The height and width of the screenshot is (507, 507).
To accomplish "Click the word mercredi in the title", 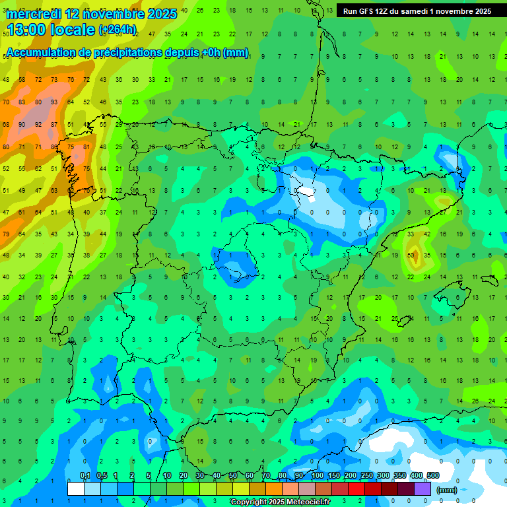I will pos(34,14).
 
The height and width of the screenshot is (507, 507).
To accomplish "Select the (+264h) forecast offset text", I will pos(117,29).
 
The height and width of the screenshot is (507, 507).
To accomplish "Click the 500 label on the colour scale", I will pos(433,475).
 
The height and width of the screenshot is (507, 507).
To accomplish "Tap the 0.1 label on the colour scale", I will pos(85,475).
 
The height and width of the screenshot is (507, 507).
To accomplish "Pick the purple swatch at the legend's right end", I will pos(423,489).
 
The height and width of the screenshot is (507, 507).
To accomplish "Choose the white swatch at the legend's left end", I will pos(76,489).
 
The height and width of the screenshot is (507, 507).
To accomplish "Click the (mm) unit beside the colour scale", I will pos(447,490).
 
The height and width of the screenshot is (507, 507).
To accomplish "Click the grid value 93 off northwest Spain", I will pos(54,102).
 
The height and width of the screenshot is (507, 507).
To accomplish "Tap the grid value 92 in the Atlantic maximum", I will pos(38,124).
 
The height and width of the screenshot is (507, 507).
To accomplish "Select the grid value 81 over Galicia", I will pos(86,147).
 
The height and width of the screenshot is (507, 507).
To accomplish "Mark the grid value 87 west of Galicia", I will pos(54,124).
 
